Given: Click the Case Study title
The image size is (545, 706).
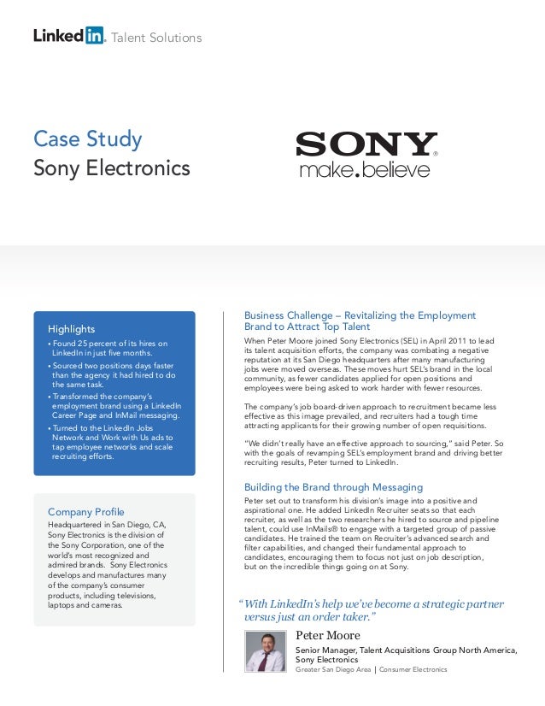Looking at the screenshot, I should pos(87,138).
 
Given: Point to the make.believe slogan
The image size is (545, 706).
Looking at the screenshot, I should pos(365,170).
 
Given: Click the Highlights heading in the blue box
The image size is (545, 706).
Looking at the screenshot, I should pos(71,328).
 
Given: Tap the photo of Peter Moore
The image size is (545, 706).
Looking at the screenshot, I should pos(266,650).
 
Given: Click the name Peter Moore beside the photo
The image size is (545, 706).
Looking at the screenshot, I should pos(328,636).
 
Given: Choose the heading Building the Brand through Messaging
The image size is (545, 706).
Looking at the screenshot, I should pos(333,487).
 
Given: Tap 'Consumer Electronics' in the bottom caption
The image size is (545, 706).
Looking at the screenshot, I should pos(413,669).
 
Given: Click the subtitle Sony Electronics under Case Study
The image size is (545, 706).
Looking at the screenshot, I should pos(111,168).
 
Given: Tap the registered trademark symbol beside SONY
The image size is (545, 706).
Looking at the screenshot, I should pos(436,155).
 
